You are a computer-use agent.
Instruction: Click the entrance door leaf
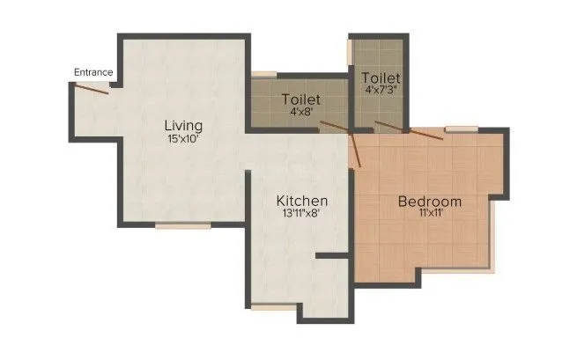(x=92, y=87)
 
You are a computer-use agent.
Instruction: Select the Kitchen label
(x=302, y=201)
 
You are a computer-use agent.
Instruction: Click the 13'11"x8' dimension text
(x=302, y=214)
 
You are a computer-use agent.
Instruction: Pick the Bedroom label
(x=430, y=202)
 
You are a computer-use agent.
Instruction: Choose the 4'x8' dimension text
(x=301, y=112)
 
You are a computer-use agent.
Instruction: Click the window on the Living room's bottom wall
(x=183, y=226)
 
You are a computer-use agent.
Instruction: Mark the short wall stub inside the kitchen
(x=333, y=256)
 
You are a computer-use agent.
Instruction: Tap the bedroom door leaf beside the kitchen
(x=356, y=150)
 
